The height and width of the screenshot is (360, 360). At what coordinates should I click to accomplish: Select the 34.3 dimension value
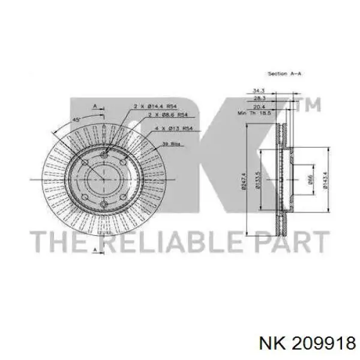[x=259, y=90]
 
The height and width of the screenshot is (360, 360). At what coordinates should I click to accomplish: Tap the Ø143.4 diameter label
[x=325, y=180]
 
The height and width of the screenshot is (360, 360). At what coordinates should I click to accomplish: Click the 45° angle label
[x=77, y=119]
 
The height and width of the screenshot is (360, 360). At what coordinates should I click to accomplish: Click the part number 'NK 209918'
[x=305, y=343]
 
